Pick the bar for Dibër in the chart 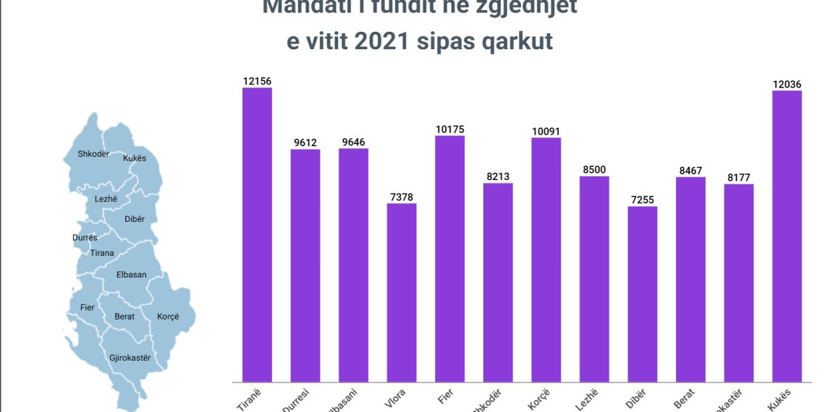click(x=643, y=293)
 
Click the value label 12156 click(x=257, y=81)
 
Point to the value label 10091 click(x=546, y=132)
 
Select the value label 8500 click(x=594, y=170)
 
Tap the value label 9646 click(x=353, y=142)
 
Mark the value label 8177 click(x=739, y=177)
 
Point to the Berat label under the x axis click(x=686, y=397)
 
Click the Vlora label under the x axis click(x=397, y=398)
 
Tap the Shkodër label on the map click(x=93, y=154)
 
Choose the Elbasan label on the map click(x=131, y=275)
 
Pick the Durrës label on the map click(x=85, y=238)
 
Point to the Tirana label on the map click(x=102, y=252)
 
